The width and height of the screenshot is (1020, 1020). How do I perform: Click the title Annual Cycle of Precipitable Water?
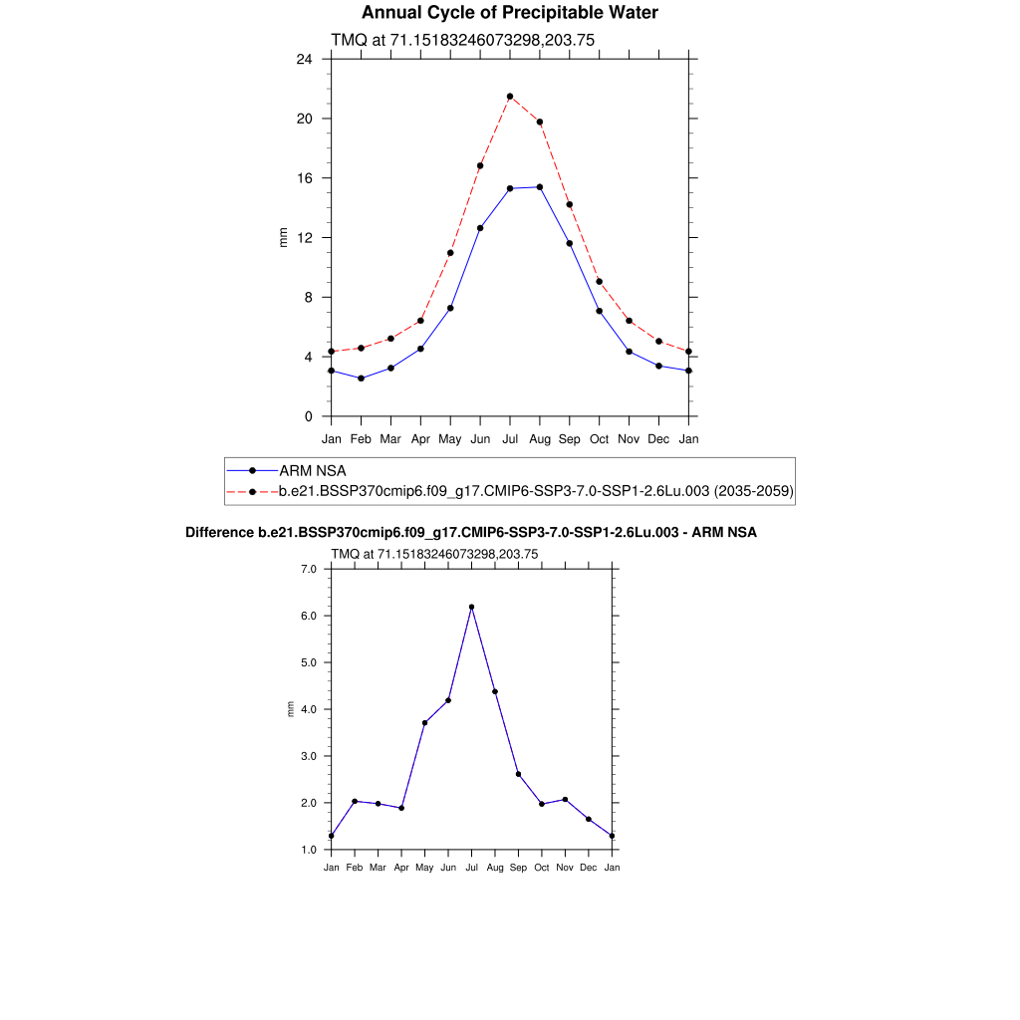click(x=509, y=13)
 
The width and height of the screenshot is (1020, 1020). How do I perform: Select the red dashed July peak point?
click(x=510, y=97)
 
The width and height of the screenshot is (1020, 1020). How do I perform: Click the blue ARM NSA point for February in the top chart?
click(x=361, y=379)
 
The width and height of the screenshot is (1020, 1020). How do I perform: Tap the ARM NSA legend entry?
click(x=312, y=470)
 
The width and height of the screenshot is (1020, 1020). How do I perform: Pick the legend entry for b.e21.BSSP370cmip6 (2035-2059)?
click(x=535, y=491)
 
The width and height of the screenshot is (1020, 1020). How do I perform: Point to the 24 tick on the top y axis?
click(x=304, y=59)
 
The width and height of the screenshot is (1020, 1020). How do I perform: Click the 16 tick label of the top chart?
click(x=304, y=178)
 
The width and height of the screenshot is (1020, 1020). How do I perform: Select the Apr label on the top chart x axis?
click(x=420, y=438)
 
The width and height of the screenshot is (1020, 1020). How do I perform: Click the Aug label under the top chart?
click(x=540, y=438)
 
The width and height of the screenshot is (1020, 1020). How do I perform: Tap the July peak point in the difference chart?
click(x=471, y=607)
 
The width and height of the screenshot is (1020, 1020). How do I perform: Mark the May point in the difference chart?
click(x=424, y=722)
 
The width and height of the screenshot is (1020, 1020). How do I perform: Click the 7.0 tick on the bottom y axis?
click(x=308, y=569)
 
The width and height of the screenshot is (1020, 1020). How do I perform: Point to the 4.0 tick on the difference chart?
click(x=308, y=709)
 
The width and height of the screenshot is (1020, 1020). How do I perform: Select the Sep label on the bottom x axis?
click(x=518, y=868)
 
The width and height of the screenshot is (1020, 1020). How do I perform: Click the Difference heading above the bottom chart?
click(x=471, y=533)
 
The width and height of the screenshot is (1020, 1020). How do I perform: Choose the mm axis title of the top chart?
click(x=283, y=238)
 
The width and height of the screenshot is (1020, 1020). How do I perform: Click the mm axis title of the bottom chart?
click(x=291, y=709)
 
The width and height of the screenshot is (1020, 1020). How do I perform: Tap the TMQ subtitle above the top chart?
click(x=463, y=40)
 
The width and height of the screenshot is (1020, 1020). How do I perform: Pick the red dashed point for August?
click(x=540, y=123)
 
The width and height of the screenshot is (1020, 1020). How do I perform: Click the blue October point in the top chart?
click(x=599, y=312)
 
